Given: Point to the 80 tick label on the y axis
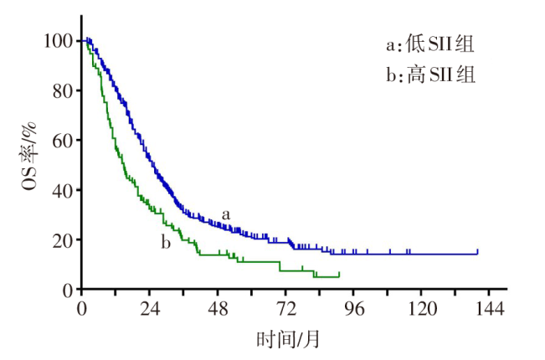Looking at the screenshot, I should (x=61, y=90).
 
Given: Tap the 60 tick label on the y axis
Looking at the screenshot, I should (x=61, y=140).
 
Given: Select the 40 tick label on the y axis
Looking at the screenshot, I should (x=61, y=190).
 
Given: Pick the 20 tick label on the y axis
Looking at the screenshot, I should (x=61, y=239).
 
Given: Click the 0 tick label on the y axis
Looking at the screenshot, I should (x=66, y=289).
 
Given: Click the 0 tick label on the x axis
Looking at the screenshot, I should (x=82, y=308).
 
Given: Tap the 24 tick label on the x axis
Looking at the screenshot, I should (x=150, y=308).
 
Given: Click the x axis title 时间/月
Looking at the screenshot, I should (x=288, y=339).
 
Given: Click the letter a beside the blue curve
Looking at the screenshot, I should (x=226, y=214).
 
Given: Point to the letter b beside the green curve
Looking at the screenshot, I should (x=166, y=243).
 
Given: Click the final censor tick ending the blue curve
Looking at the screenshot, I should (x=477, y=250).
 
